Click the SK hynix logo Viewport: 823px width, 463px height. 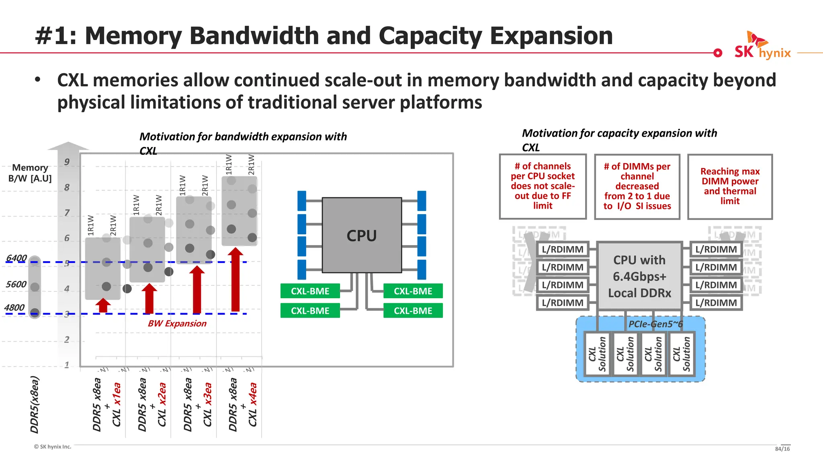(762, 47)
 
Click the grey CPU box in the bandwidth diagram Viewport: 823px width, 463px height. (362, 236)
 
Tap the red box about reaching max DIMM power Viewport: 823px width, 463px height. (730, 186)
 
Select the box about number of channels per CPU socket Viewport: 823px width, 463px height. (543, 186)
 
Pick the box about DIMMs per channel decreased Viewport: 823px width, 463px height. (637, 186)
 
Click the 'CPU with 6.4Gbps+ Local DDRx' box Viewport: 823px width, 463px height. (639, 276)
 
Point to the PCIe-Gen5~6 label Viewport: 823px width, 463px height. (655, 324)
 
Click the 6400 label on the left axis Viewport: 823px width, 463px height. (16, 258)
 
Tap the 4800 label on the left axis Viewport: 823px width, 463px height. (14, 308)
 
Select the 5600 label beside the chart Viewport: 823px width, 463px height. (16, 284)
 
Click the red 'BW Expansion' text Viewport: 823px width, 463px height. (177, 324)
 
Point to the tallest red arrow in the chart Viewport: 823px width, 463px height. (235, 281)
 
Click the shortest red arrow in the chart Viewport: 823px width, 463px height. (103, 305)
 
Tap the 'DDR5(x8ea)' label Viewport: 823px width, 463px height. (35, 404)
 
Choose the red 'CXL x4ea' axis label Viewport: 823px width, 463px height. (252, 404)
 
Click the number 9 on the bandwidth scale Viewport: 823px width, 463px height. (67, 162)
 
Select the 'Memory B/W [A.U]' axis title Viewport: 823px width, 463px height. (30, 173)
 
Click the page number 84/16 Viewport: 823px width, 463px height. (782, 449)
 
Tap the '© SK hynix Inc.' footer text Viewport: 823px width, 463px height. (53, 447)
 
